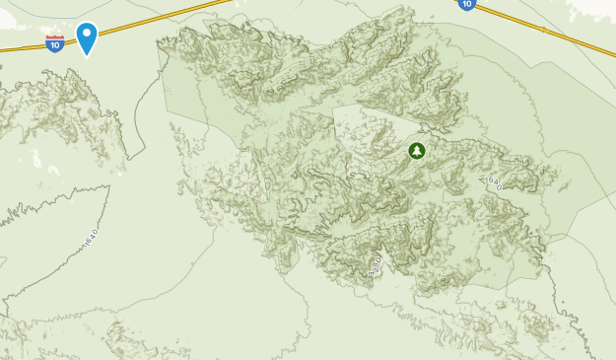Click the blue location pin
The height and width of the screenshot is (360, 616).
coord(87,37)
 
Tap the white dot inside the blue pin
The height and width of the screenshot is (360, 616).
coord(87,35)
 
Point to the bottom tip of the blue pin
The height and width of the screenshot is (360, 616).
coord(87,57)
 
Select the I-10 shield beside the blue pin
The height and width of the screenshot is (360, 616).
coord(55,43)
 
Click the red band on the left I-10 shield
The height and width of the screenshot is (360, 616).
coord(55,38)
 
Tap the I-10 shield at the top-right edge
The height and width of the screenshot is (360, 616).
coord(466,4)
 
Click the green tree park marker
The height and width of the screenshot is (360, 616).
coord(416,151)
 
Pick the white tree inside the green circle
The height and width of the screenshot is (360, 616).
coord(416,151)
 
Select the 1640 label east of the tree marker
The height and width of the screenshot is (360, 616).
coord(493,181)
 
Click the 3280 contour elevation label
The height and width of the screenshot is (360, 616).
coord(375,265)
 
